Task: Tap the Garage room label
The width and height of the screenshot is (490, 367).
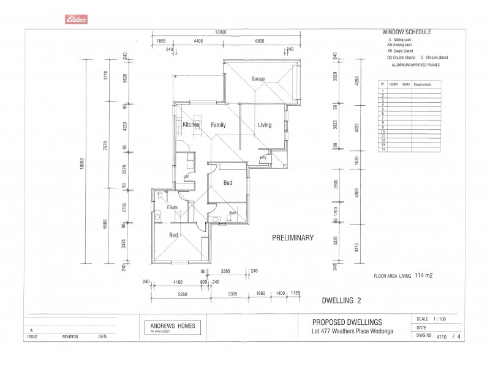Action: point(258,79)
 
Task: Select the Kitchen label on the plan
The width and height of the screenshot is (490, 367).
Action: point(191,125)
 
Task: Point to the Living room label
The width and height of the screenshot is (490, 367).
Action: point(264,125)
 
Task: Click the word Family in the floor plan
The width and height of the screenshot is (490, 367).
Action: point(218,125)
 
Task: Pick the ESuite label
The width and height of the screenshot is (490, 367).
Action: point(172,208)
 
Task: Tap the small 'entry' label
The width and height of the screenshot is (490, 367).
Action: point(263,157)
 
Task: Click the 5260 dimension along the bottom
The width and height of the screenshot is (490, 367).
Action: point(179,294)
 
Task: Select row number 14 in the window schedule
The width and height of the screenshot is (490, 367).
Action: point(382,149)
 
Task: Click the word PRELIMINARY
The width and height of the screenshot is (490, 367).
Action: point(293,238)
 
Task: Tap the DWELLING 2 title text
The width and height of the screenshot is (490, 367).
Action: point(342,300)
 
